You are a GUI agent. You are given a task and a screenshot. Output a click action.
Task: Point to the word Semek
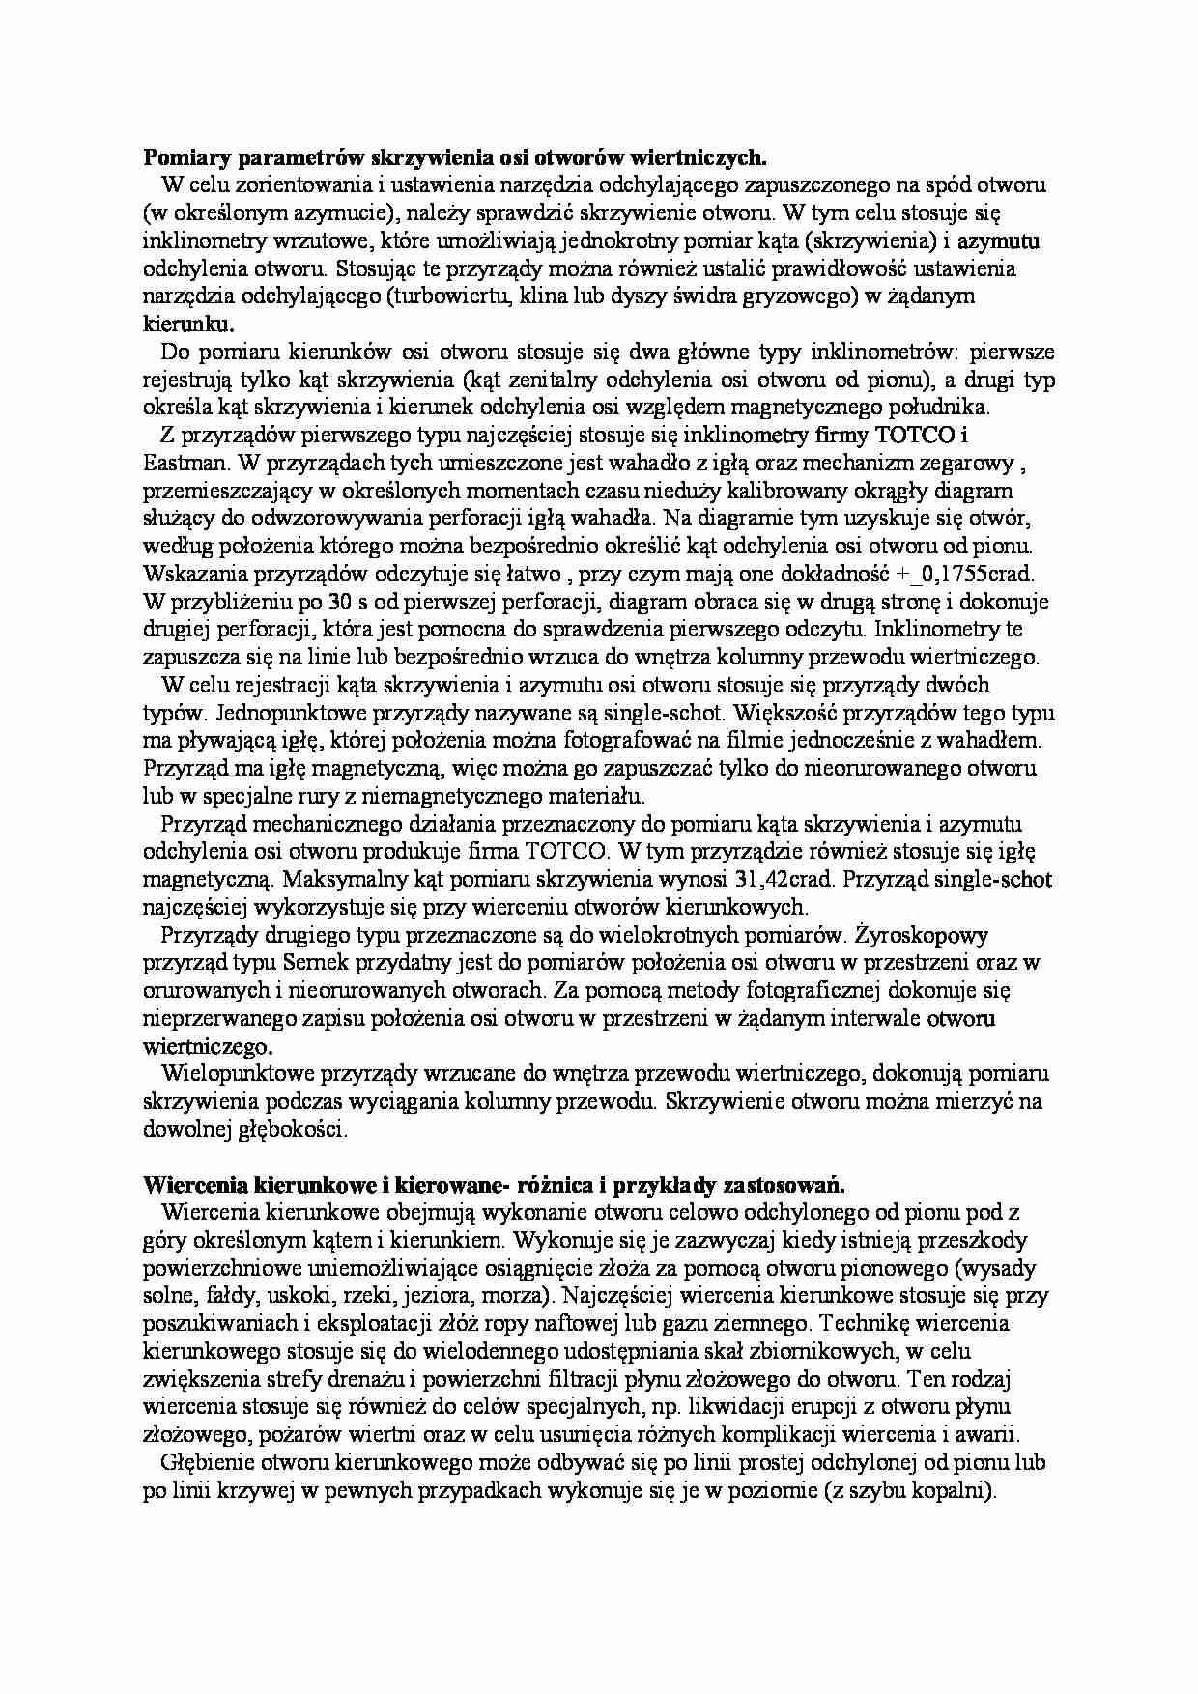click(312, 963)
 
